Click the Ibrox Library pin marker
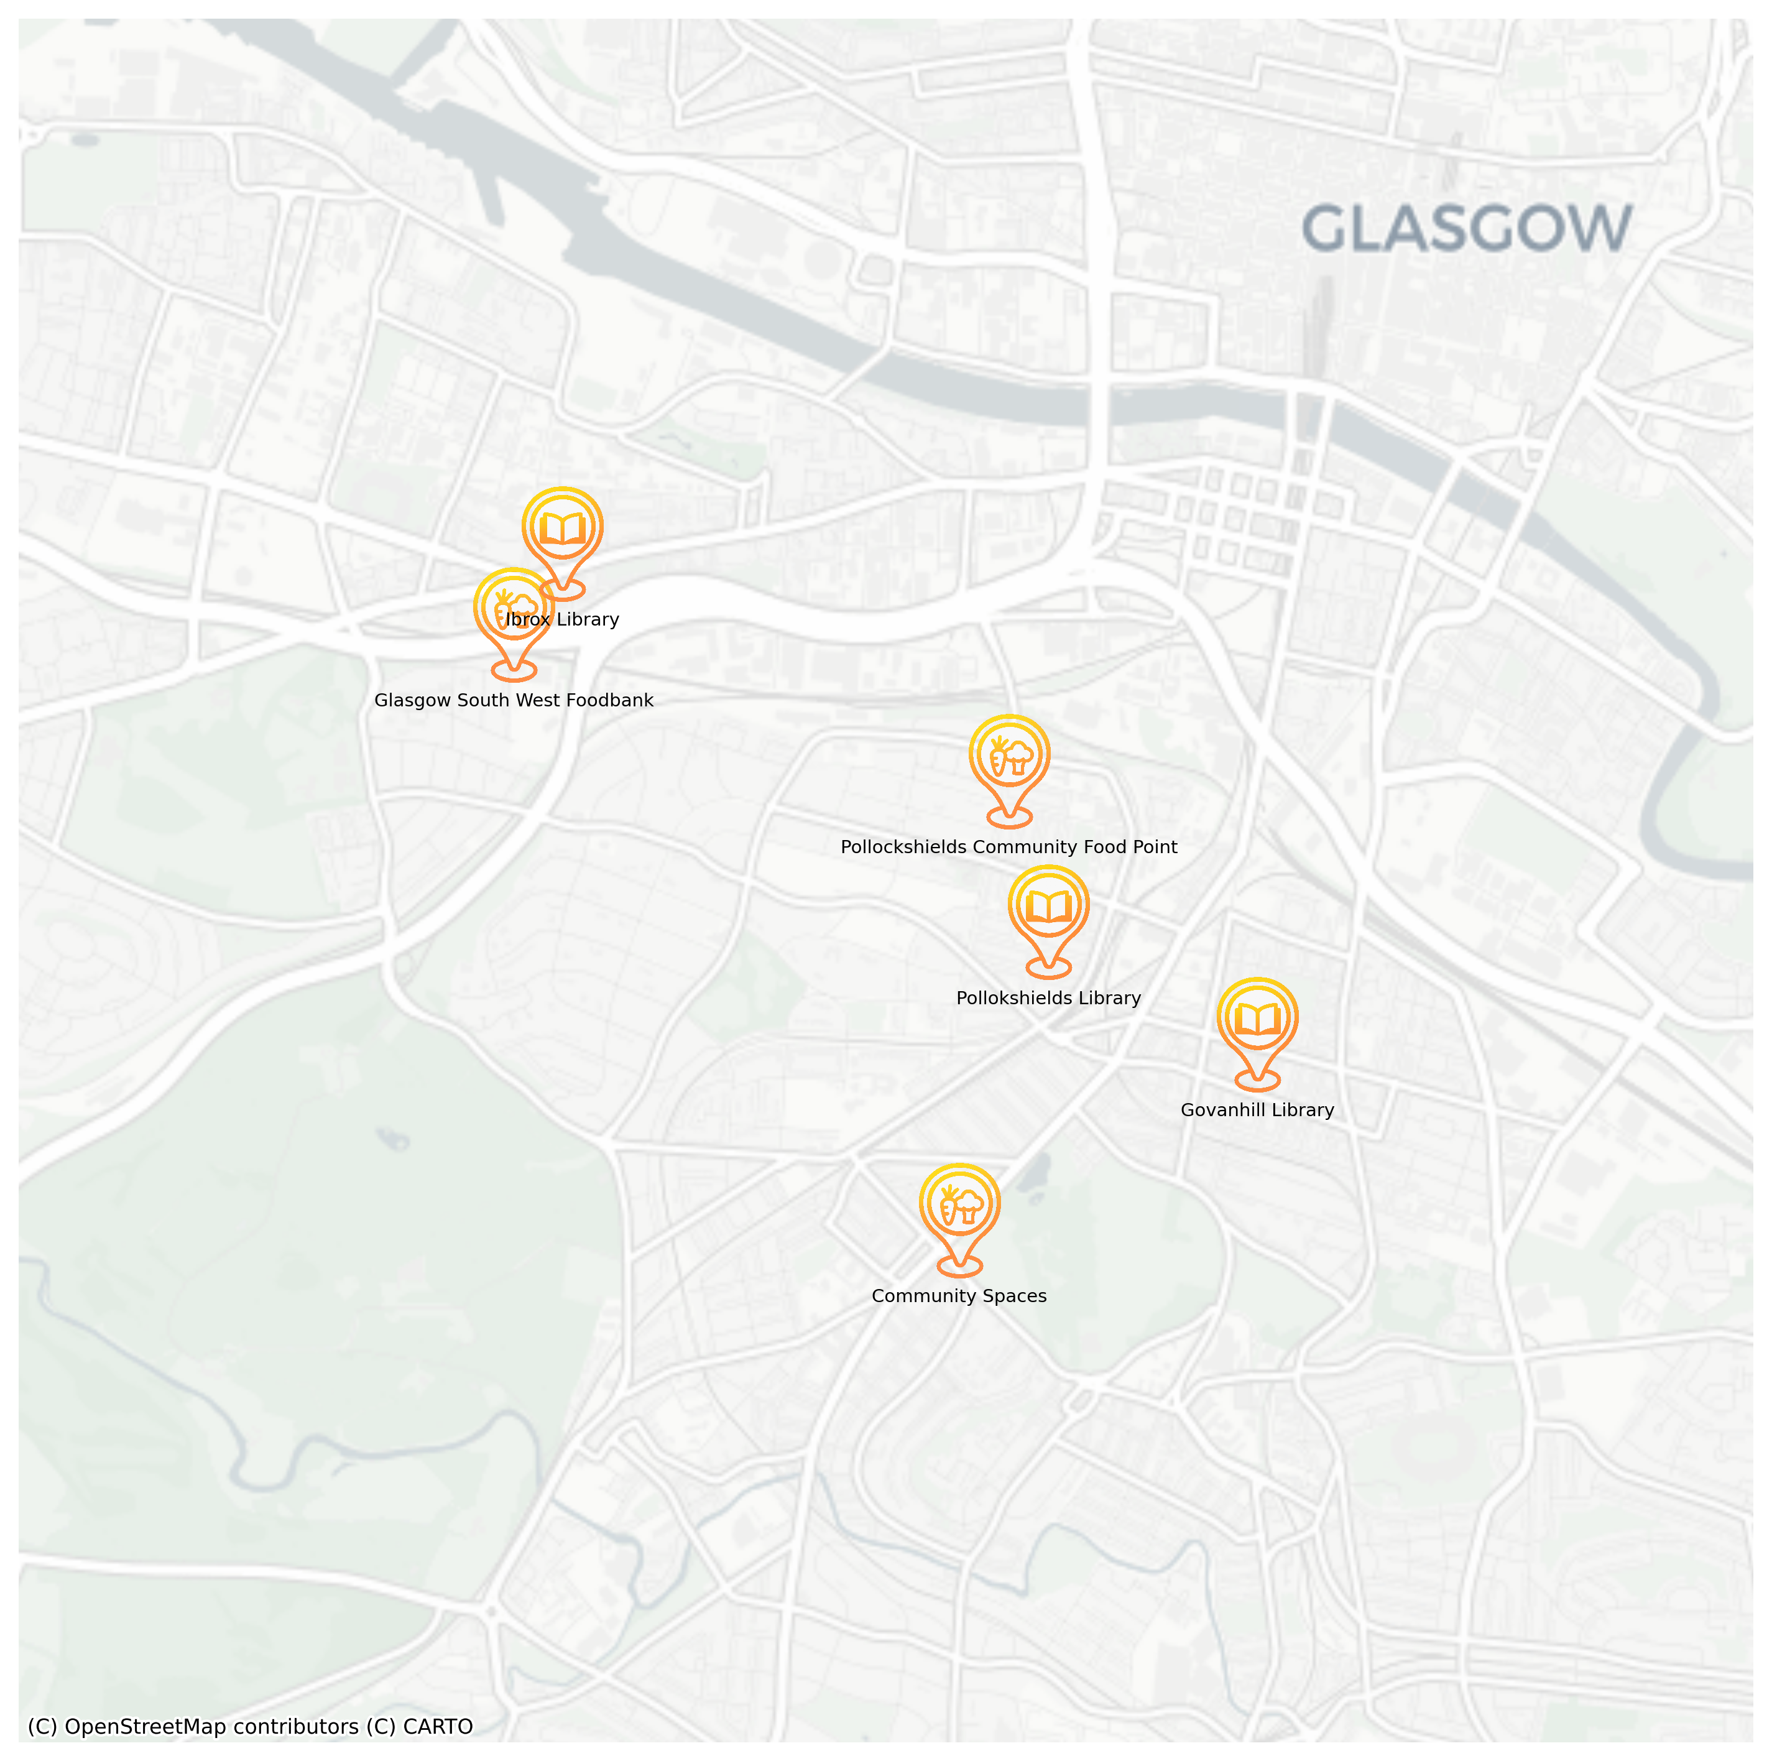pos(562,530)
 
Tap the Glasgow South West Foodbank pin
pos(514,611)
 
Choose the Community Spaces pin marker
pos(959,1207)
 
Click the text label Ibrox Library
pos(562,620)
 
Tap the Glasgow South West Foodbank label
pos(514,701)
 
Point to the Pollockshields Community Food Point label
pos(1009,848)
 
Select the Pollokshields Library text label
pos(1048,998)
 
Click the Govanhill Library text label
pos(1257,1110)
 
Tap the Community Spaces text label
pos(959,1296)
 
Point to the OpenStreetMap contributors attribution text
pos(211,1727)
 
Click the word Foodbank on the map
pos(609,701)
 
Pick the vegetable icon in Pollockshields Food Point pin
pos(1010,757)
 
